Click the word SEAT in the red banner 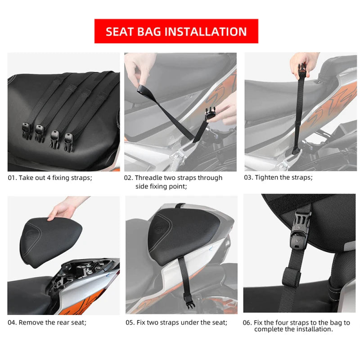[120, 31]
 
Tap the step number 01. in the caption [13, 178]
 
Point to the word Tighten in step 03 [266, 177]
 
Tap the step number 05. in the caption [130, 323]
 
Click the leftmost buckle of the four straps [27, 131]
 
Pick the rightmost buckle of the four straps [69, 142]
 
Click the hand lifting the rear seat [65, 208]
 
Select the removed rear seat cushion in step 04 [50, 242]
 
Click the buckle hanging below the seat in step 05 [189, 301]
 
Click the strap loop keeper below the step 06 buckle [291, 278]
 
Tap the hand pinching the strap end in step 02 [140, 68]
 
